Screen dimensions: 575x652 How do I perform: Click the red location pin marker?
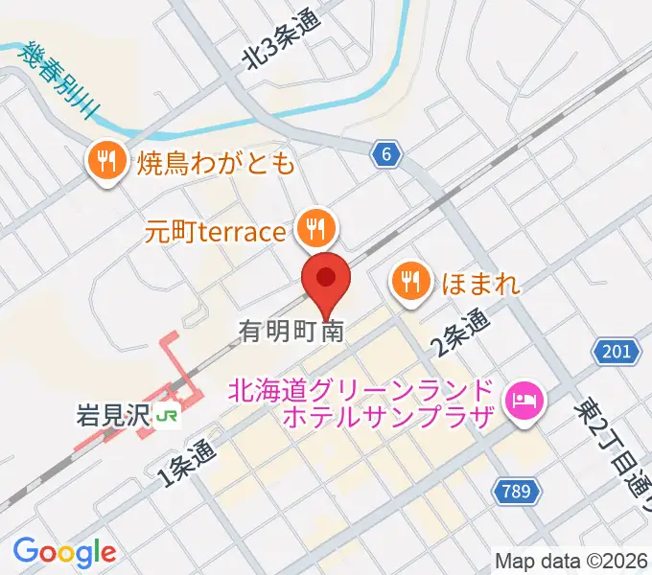(327, 281)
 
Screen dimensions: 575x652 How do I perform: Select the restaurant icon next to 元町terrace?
(314, 228)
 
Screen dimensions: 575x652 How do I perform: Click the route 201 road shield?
(615, 353)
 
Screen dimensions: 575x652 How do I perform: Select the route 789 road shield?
(515, 492)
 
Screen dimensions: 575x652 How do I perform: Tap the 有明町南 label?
(291, 332)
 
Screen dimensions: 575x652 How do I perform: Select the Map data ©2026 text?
(571, 560)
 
